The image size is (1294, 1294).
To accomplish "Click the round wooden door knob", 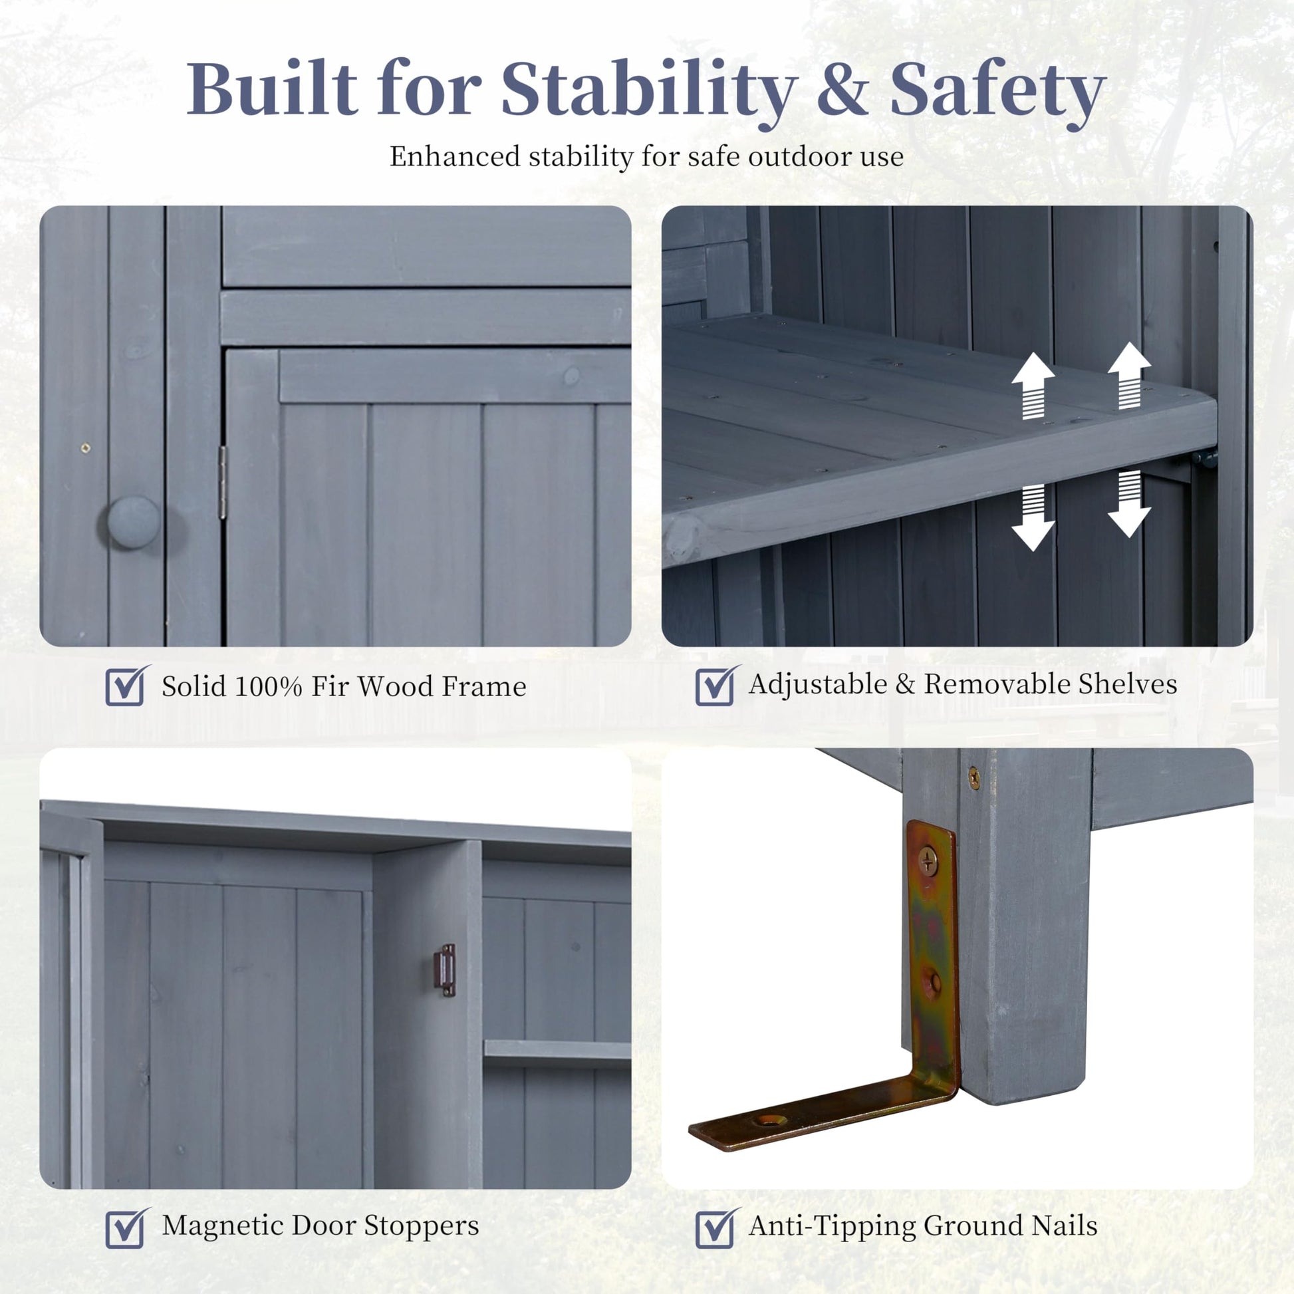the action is coord(133,523).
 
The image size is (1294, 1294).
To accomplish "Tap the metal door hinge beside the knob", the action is coord(223,482).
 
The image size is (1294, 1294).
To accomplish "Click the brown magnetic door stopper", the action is coord(445,971).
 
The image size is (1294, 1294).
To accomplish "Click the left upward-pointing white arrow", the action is coord(1033,386).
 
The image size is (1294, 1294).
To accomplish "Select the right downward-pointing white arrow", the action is coord(1129,503).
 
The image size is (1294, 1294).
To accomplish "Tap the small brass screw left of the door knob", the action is coord(84,448).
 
